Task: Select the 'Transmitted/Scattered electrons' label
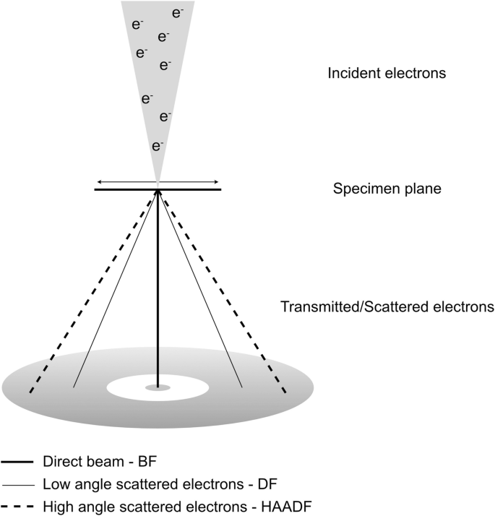click(387, 306)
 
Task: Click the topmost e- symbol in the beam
click(178, 12)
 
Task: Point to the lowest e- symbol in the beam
click(157, 147)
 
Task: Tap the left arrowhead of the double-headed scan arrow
click(100, 181)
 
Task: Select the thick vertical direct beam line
click(158, 289)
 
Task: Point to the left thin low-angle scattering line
click(116, 289)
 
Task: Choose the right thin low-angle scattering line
click(199, 289)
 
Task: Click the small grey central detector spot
click(158, 388)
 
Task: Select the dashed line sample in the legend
click(19, 505)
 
